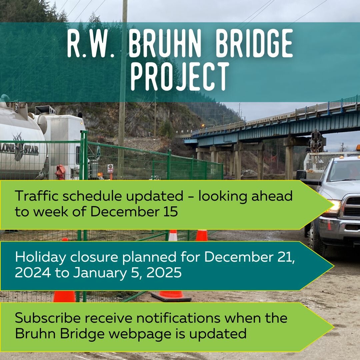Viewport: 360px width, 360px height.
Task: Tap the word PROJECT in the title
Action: (x=180, y=76)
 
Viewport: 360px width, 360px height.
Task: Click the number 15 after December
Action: (x=171, y=211)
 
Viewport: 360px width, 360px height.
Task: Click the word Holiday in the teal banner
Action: (x=40, y=257)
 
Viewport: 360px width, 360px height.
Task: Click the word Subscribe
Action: (x=48, y=318)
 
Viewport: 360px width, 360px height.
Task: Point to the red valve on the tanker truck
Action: (x=60, y=172)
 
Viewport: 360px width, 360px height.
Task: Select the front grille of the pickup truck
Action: (x=352, y=207)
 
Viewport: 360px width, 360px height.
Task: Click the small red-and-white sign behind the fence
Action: (x=110, y=169)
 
